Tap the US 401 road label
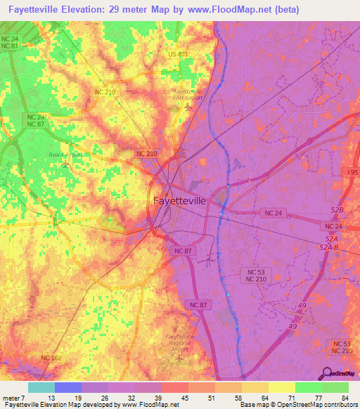(178, 54)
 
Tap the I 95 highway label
(352, 172)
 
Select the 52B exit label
(337, 210)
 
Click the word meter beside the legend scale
(12, 398)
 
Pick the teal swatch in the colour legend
(41, 387)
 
